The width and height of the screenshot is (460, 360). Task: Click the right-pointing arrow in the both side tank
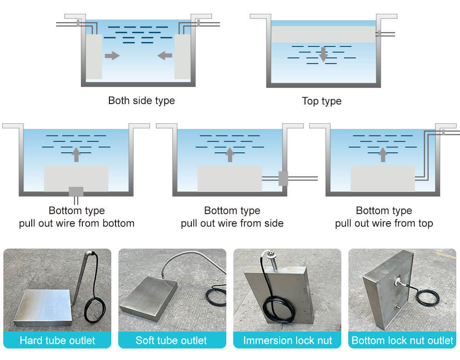112,56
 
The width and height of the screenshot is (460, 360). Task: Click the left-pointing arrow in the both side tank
165,56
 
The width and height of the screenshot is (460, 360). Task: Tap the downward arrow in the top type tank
323,54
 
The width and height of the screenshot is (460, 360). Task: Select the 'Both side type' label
141,100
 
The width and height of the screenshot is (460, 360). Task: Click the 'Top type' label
322,101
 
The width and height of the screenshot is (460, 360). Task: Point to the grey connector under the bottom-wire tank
76,191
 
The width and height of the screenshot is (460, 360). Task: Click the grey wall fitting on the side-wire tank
283,178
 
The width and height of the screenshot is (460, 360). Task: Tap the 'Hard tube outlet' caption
57,341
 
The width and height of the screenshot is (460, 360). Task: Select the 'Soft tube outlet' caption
171,341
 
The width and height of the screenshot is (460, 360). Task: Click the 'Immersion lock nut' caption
287,341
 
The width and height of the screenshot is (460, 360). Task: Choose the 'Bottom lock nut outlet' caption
402,341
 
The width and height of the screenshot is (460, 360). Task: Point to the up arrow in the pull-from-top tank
383,155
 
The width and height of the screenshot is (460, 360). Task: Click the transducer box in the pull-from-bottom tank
76,177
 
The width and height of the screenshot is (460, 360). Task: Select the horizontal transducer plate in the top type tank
323,34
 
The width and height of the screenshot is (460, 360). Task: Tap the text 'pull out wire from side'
232,224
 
